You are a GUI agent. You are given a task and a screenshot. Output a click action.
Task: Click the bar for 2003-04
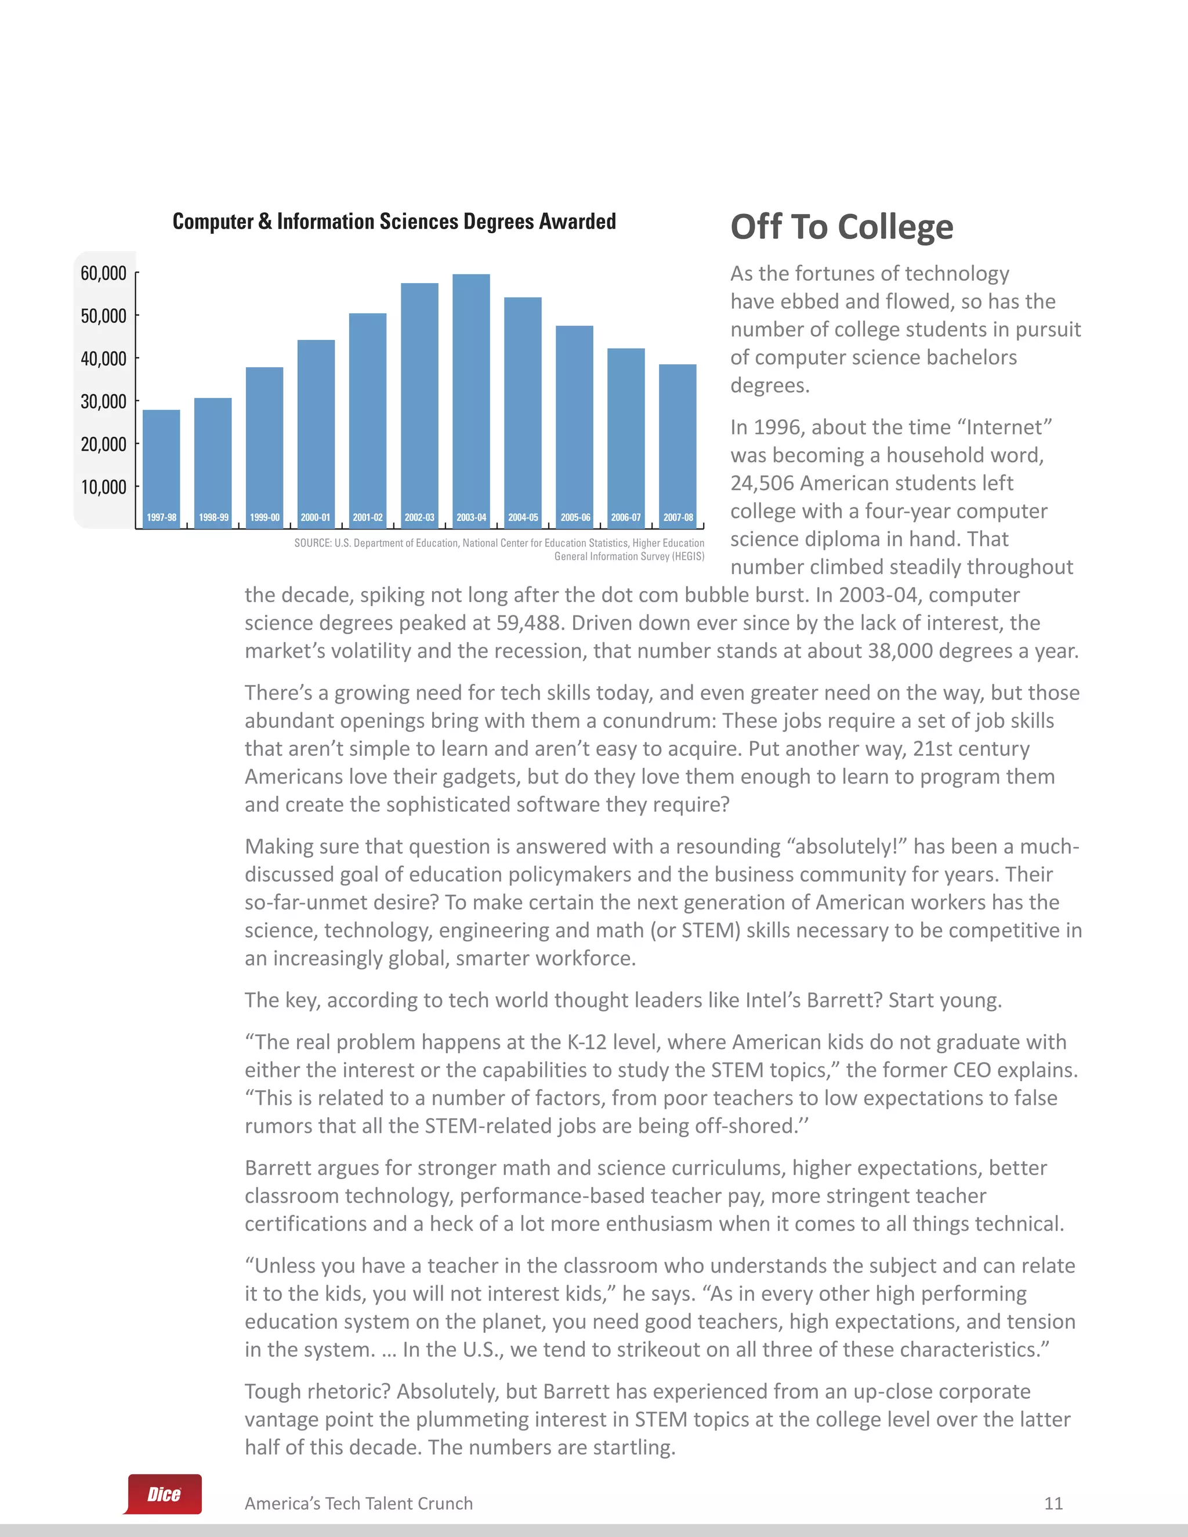[471, 394]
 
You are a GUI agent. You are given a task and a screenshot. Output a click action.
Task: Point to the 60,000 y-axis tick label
[103, 273]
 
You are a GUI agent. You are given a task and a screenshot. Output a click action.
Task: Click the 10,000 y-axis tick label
[103, 487]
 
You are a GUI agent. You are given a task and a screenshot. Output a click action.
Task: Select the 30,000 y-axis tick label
[103, 401]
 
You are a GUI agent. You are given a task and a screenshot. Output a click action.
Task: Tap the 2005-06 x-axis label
[575, 517]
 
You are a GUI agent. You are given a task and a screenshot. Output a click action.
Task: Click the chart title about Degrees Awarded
[394, 222]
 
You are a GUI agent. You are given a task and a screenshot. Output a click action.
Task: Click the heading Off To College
[842, 227]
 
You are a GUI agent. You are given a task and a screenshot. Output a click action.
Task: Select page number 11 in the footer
[1053, 1503]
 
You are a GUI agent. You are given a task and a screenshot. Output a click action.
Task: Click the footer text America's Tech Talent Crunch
[358, 1503]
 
